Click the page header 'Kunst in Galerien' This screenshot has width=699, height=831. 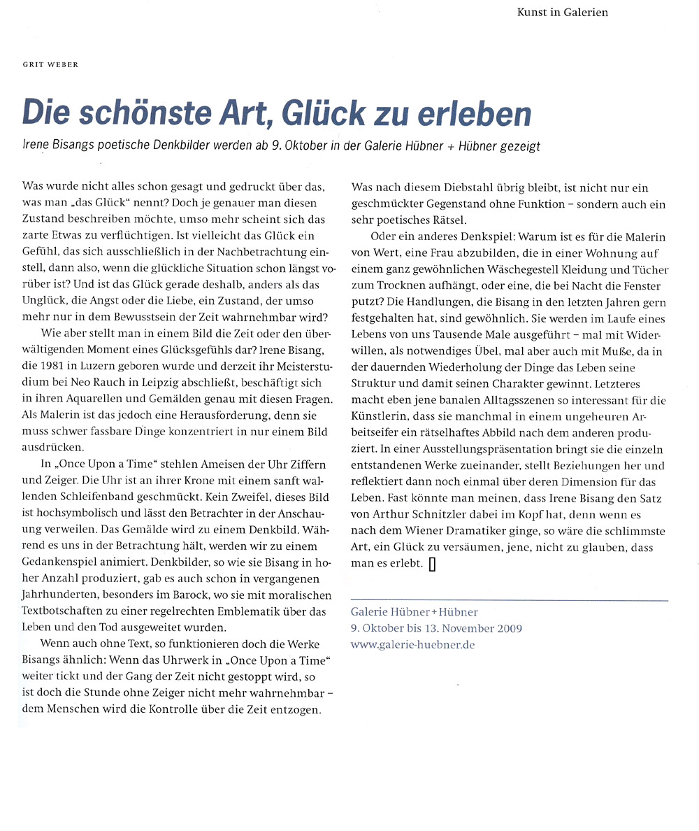pyautogui.click(x=562, y=12)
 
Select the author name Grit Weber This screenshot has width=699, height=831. pyautogui.click(x=50, y=65)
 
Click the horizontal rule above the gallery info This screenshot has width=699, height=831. pyautogui.click(x=510, y=600)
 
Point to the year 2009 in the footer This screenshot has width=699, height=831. pyautogui.click(x=505, y=628)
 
